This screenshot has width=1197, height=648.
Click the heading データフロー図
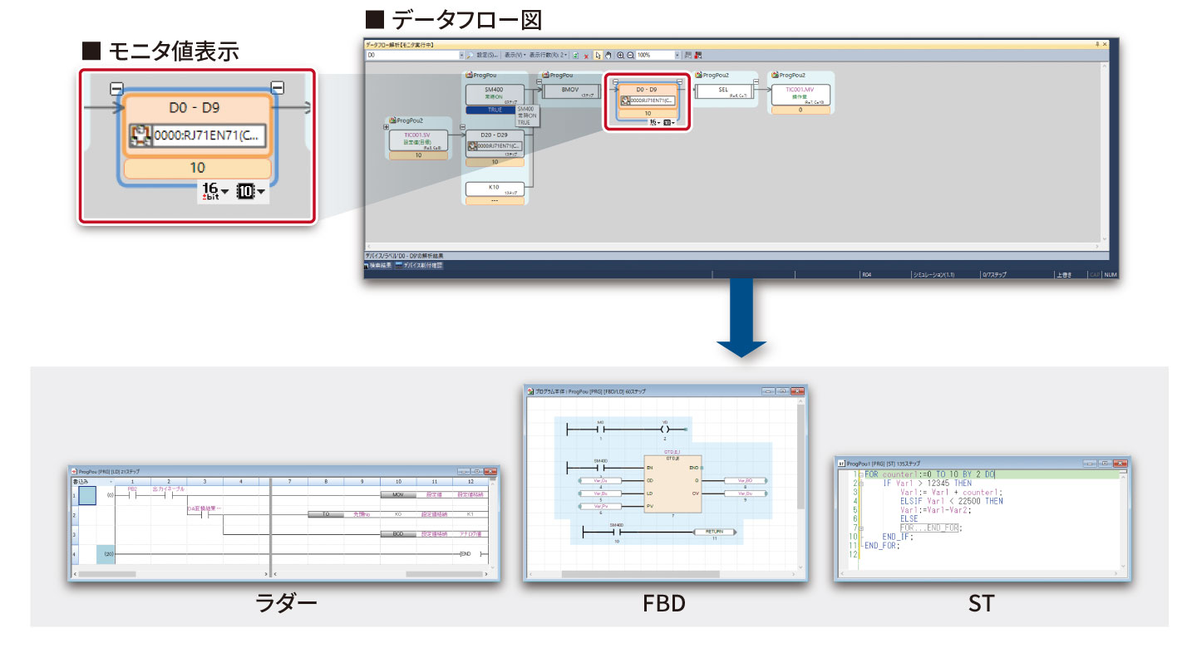point(453,18)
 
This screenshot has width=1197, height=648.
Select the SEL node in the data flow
point(723,91)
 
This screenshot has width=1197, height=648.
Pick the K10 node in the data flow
point(495,189)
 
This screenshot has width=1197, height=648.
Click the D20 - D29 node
point(495,135)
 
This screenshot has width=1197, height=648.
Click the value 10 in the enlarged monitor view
point(197,168)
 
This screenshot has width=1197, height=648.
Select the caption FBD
point(664,602)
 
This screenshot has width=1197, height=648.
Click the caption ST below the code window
point(981,602)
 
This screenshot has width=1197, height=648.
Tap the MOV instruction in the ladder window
point(397,494)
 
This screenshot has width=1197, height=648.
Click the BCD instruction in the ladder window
point(397,534)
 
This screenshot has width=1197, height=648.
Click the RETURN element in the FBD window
point(714,532)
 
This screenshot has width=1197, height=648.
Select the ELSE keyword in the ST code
point(909,518)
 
